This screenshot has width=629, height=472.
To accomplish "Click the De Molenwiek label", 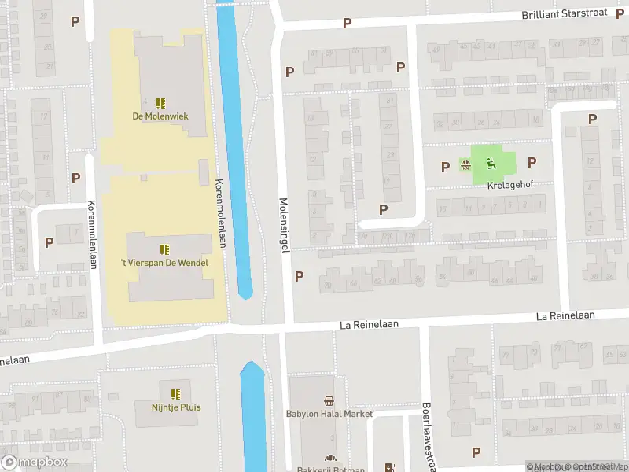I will pos(160,117).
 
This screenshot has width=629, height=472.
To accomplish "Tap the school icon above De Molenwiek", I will pos(160,103).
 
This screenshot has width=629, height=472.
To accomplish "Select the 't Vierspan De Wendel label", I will pos(164,263).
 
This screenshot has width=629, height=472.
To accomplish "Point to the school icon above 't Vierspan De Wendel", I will pos(164,249).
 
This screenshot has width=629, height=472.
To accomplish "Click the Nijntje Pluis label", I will pos(176,407).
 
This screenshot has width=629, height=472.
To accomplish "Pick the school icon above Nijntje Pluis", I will pos(175,393).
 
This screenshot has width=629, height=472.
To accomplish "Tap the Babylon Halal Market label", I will pos(329,414).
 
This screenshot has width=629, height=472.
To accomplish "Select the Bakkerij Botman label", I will pos(330,470).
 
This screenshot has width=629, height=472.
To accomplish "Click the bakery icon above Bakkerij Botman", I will pos(330,459).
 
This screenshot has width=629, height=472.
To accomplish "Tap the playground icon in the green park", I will pos(491,164).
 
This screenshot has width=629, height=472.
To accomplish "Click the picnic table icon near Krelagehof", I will pos(466,165).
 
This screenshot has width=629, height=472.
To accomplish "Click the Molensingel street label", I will pos(285,224).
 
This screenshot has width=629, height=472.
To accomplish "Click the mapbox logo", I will pos(35,463).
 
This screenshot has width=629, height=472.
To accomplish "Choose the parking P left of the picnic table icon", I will pos(446,166).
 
